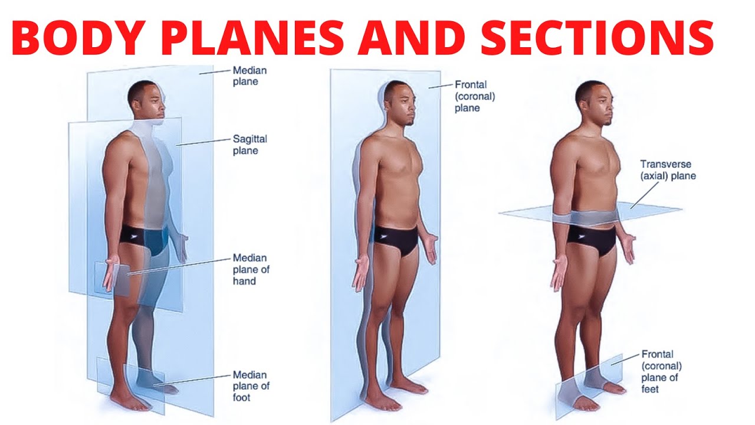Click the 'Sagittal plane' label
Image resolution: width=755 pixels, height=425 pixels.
coord(250,145)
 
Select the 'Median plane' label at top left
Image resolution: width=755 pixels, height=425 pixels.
coord(250,76)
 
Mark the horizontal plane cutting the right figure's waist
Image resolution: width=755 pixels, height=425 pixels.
coord(590,214)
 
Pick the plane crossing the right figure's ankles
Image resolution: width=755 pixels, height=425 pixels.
coord(590,384)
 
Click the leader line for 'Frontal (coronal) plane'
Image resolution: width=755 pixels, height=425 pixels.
coord(440,86)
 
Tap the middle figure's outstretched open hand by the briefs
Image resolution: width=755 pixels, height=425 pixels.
coord(434,248)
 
